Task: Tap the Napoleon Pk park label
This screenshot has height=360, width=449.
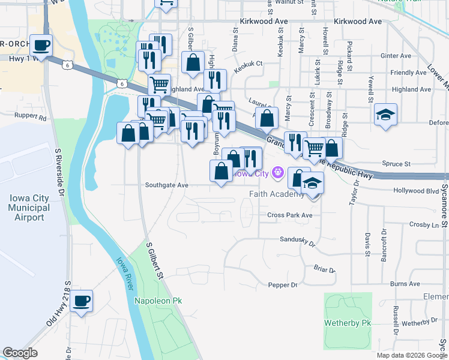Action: pyautogui.click(x=158, y=301)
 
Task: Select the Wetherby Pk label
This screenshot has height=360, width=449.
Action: pyautogui.click(x=349, y=323)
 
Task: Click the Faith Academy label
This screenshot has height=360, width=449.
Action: pyautogui.click(x=277, y=194)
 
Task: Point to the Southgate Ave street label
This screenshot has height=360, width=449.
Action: pyautogui.click(x=167, y=185)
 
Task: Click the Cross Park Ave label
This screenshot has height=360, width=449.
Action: pyautogui.click(x=290, y=215)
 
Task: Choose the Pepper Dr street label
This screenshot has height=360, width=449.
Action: pyautogui.click(x=283, y=285)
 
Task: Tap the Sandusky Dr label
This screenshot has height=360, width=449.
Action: pyautogui.click(x=298, y=241)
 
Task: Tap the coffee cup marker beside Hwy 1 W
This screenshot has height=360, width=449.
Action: pyautogui.click(x=41, y=46)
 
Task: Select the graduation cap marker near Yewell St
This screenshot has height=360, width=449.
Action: pyautogui.click(x=385, y=115)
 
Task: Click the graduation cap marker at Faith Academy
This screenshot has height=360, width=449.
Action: pyautogui.click(x=312, y=183)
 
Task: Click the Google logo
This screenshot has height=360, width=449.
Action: pyautogui.click(x=20, y=353)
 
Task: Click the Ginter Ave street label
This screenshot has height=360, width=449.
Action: pyautogui.click(x=396, y=56)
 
